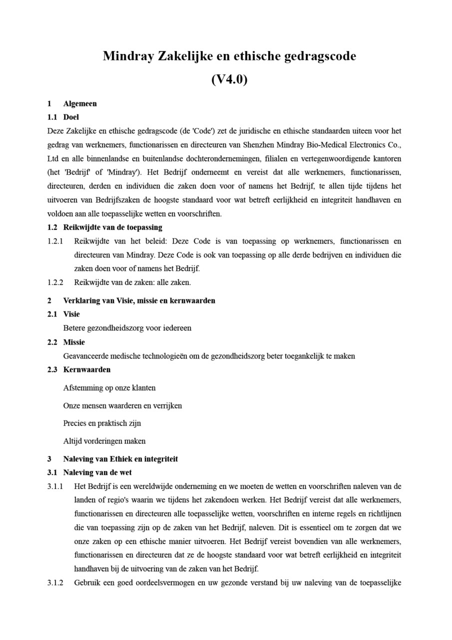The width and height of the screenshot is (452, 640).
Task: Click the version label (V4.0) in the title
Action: pyautogui.click(x=229, y=79)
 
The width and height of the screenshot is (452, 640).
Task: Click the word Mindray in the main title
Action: pyautogui.click(x=128, y=56)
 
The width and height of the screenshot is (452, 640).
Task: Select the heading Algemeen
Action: pyautogui.click(x=80, y=103)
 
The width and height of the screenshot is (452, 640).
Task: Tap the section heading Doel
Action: pyautogui.click(x=71, y=117)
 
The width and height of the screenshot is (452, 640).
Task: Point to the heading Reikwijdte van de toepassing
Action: pyautogui.click(x=112, y=227)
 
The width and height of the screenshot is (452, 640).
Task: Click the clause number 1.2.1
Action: pyautogui.click(x=55, y=241)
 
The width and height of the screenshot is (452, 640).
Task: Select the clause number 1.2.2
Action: pyautogui.click(x=55, y=282)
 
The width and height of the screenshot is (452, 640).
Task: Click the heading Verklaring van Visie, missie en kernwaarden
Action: pyautogui.click(x=139, y=300)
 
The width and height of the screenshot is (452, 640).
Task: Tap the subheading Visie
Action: pyautogui.click(x=71, y=314)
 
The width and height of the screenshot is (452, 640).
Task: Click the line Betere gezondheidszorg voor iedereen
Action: pyautogui.click(x=127, y=328)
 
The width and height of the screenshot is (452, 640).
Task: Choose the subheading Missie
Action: pyautogui.click(x=74, y=342)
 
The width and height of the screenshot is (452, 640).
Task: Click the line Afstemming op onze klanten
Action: pyautogui.click(x=109, y=387)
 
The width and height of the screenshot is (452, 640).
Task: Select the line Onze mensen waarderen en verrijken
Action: pyautogui.click(x=122, y=405)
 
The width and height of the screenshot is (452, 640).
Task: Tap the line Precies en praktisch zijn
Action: pyautogui.click(x=102, y=423)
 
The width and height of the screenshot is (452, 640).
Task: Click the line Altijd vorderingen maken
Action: pyautogui.click(x=104, y=441)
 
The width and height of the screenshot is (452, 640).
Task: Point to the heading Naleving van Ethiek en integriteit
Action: pyautogui.click(x=120, y=459)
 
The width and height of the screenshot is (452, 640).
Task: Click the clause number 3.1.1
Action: pyautogui.click(x=55, y=486)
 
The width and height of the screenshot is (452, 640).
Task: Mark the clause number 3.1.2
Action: pyautogui.click(x=55, y=582)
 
